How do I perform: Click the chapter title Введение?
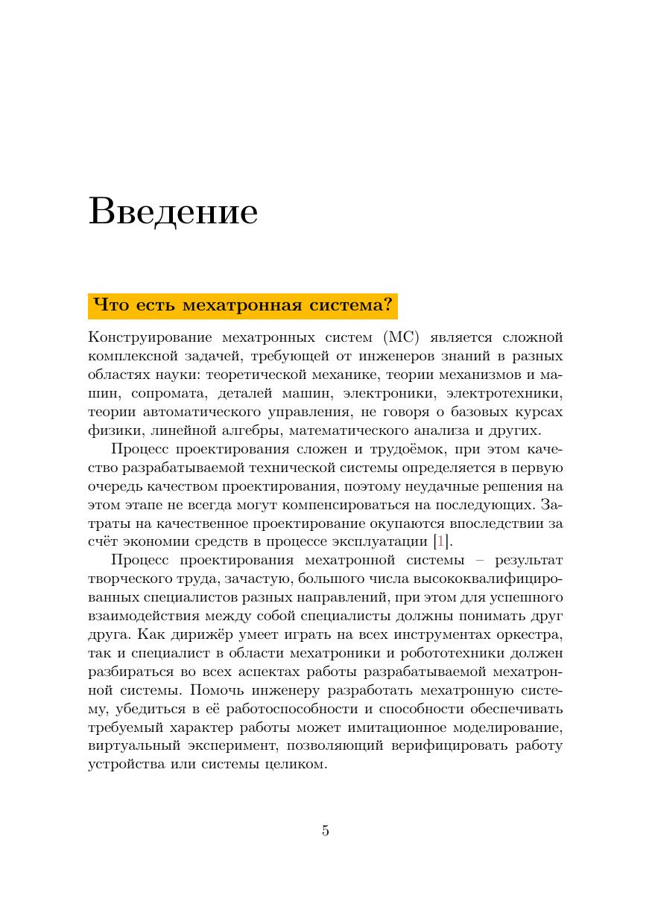173,211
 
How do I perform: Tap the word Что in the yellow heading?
109,306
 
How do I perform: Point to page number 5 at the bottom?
326,831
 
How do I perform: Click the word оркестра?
531,634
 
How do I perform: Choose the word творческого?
135,579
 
